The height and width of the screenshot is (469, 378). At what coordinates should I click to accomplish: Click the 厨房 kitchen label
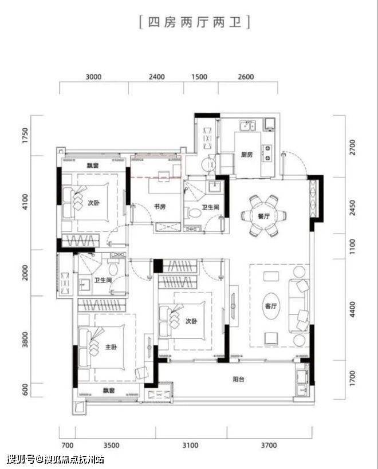(247, 155)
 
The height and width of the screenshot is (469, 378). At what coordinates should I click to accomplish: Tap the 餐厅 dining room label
(264, 216)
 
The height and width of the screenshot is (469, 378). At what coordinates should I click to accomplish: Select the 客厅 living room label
(271, 306)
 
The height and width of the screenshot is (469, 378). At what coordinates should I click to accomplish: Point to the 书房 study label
(160, 206)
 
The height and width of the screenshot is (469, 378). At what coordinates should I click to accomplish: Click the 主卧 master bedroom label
(111, 347)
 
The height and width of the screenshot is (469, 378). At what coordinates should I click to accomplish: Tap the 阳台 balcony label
(238, 379)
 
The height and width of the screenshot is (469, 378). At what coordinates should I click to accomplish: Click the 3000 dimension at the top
(93, 77)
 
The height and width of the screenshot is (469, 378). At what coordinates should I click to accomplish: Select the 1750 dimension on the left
(25, 136)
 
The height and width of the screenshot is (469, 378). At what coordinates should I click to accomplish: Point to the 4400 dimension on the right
(353, 310)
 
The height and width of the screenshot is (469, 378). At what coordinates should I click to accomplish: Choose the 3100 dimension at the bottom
(191, 446)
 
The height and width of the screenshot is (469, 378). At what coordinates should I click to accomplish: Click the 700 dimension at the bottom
(67, 446)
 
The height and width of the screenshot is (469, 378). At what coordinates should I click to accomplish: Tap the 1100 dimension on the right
(353, 246)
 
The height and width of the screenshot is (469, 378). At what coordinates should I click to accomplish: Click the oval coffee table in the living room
(271, 306)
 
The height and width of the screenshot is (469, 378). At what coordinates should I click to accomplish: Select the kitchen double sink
(247, 125)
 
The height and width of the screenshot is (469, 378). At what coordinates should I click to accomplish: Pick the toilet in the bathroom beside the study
(194, 212)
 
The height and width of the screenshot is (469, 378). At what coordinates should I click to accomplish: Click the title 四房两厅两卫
(195, 22)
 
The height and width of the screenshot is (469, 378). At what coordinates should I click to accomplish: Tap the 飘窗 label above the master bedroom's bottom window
(109, 391)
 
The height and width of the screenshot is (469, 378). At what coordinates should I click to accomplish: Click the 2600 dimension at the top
(246, 77)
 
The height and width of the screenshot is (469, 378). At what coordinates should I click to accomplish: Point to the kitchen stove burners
(267, 152)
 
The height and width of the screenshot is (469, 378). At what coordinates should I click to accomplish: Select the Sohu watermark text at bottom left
(56, 459)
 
